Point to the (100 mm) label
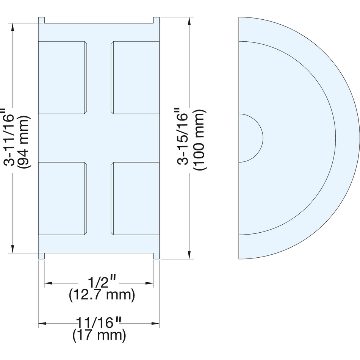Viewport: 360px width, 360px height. tap(199, 140)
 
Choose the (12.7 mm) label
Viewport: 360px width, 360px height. tap(102, 295)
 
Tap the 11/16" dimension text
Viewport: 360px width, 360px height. tap(99, 323)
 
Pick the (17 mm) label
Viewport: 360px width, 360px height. tap(99, 336)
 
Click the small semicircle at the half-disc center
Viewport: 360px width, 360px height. tap(251, 138)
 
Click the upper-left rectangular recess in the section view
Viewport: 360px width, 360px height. tap(63, 78)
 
